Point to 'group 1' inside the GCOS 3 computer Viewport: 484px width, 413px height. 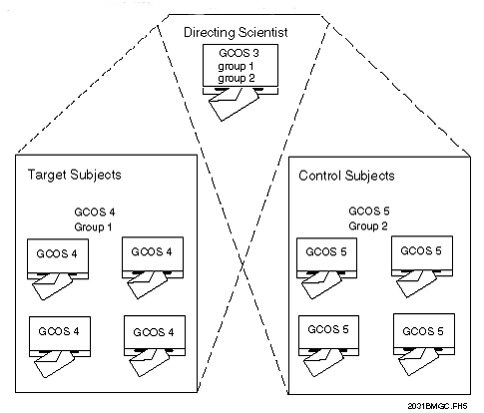point(238,65)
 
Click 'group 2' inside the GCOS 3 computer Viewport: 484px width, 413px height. point(238,78)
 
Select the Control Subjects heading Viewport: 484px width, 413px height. point(347,176)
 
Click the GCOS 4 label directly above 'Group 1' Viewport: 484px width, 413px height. point(96,211)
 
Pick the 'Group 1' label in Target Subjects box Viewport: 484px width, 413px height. point(96,225)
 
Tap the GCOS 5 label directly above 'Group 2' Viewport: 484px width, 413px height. point(370,211)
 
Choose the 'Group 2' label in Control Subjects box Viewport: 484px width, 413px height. point(370,225)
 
